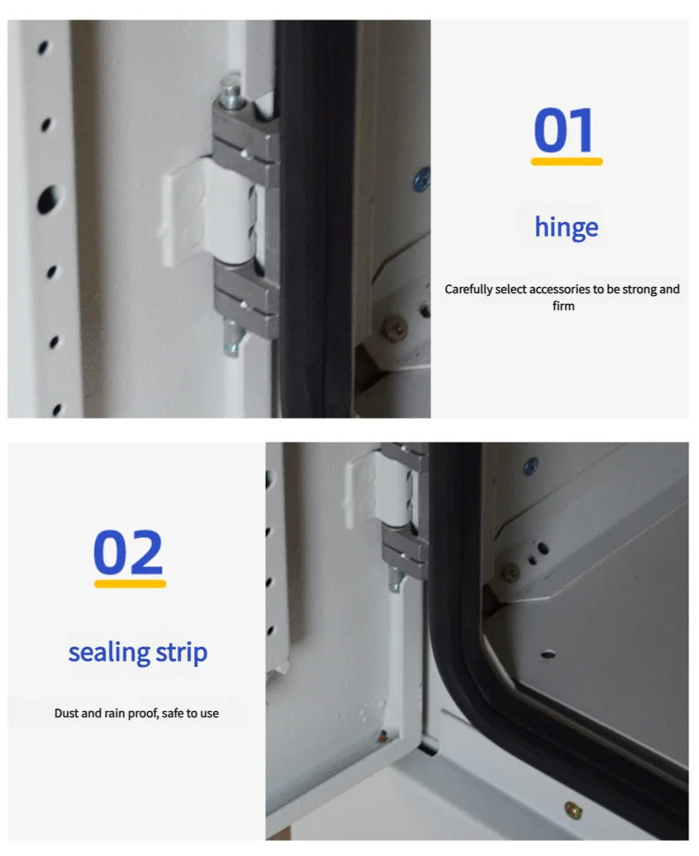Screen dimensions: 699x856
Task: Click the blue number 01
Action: point(564,131)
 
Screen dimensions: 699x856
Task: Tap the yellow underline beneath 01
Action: point(566,162)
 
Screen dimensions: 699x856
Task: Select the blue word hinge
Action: point(566,227)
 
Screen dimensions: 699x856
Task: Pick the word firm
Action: point(563,306)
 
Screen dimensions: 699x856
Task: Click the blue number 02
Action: point(128,552)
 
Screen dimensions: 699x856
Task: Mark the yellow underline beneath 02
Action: point(130,584)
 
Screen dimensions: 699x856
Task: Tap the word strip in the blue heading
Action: point(181,653)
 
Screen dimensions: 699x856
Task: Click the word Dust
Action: point(66,713)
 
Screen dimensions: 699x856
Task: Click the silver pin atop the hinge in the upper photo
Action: point(230,92)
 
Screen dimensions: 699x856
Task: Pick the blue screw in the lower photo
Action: point(530,466)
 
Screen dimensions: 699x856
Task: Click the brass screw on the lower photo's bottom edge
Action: point(572,809)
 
